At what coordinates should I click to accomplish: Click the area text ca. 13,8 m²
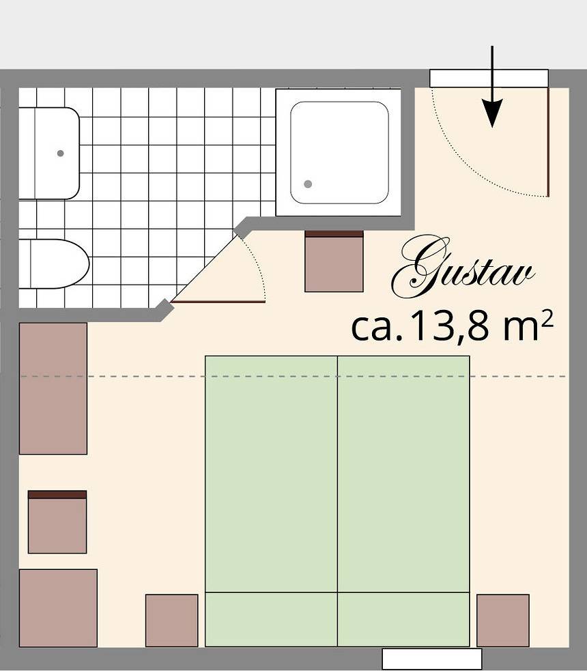450,328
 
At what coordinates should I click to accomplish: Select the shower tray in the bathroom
339,152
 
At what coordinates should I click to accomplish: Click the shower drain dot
308,184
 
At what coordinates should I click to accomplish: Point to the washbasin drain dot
61,154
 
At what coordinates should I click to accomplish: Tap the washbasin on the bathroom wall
48,154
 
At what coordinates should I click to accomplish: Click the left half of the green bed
271,478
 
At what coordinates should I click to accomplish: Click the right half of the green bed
403,478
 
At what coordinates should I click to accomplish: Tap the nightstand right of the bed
502,620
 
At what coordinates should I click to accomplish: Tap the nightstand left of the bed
171,620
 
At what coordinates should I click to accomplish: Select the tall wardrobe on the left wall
53,388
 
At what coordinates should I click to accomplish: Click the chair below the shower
334,261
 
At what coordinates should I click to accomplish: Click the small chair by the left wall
57,522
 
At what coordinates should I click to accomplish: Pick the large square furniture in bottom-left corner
58,608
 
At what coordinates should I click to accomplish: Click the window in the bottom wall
431,659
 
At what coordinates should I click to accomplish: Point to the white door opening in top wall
489,78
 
